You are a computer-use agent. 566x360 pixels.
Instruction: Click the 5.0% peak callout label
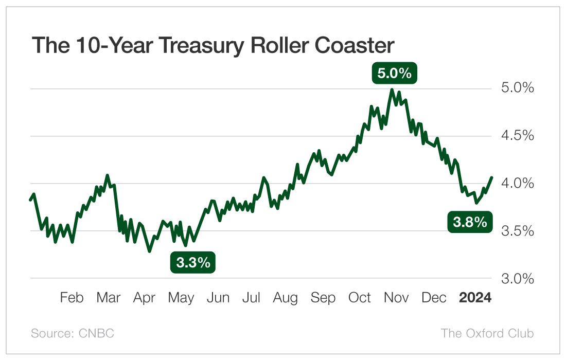394,74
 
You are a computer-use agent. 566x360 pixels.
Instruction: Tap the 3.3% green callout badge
193,262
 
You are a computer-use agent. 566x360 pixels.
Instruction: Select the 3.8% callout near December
469,222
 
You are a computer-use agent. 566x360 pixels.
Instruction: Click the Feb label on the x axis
72,298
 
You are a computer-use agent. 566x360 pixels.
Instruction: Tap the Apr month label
144,298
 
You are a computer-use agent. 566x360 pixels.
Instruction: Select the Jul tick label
251,298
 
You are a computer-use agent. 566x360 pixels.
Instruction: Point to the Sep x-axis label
323,298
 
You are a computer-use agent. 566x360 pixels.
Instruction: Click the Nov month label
397,298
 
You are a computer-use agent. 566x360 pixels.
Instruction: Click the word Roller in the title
277,46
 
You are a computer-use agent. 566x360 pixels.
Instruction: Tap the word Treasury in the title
198,46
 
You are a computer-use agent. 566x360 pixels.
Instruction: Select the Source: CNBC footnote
73,333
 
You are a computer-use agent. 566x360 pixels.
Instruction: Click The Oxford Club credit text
487,333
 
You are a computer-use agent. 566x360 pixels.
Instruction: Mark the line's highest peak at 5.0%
392,90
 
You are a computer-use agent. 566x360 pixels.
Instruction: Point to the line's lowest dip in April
150,251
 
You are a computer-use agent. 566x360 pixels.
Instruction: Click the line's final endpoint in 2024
492,177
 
